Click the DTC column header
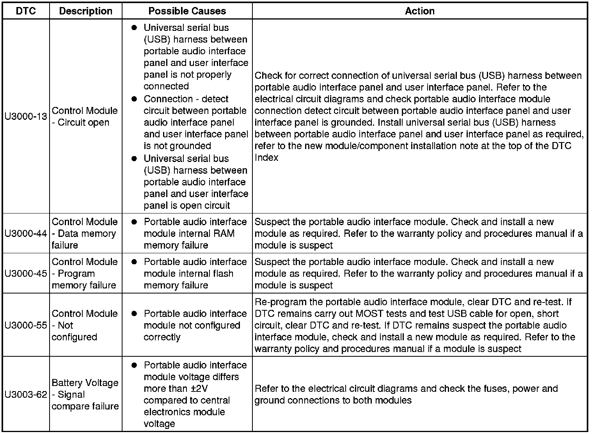click(x=26, y=11)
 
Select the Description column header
click(x=85, y=11)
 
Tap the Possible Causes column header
click(x=187, y=11)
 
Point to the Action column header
click(x=419, y=11)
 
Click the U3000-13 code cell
click(x=26, y=116)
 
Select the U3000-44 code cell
click(x=26, y=233)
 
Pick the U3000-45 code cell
click(x=26, y=273)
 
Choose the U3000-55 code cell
click(x=26, y=325)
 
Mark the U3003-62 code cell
click(x=26, y=394)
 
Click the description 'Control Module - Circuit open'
click(x=85, y=116)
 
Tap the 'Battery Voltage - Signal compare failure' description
click(x=85, y=394)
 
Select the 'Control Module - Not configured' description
click(x=85, y=325)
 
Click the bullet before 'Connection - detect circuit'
click(x=134, y=99)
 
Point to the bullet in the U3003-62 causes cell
click(x=134, y=365)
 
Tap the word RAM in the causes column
click(x=224, y=233)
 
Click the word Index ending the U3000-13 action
click(x=266, y=158)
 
